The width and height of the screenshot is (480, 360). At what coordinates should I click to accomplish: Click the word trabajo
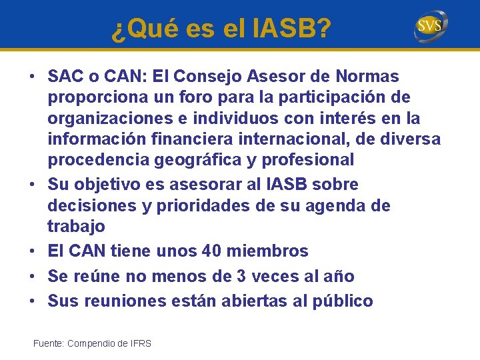tap(76, 226)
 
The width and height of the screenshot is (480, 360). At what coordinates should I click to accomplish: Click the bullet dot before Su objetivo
tap(33, 185)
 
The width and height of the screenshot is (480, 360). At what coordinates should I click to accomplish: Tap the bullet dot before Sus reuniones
tap(33, 301)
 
